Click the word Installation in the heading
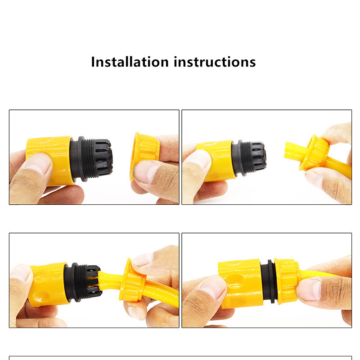point(130,62)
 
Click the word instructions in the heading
point(215,62)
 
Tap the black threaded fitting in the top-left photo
point(91,158)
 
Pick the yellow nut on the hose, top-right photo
point(314,153)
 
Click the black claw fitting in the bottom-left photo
point(83,282)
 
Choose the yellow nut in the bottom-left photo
point(132,280)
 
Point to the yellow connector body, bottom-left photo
point(49,285)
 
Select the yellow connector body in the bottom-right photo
point(240,283)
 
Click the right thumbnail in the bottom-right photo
point(309,289)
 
